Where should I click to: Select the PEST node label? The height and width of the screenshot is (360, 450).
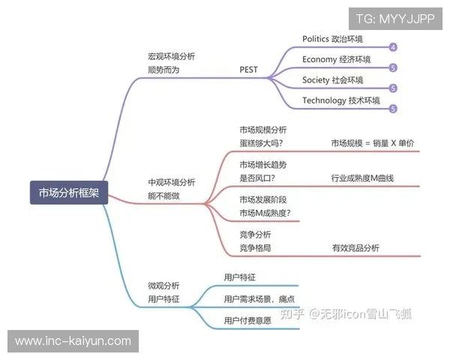248,70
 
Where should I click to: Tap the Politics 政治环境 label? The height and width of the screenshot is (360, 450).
332,38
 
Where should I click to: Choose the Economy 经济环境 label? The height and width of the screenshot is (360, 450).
336,58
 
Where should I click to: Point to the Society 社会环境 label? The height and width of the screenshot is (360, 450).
332,79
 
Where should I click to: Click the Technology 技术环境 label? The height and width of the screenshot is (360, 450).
340,100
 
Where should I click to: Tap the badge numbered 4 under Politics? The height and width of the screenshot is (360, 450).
393,47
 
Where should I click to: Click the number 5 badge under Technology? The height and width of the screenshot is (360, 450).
393,109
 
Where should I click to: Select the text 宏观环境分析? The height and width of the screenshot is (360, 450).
172,56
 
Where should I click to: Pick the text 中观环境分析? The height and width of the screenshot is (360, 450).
172,182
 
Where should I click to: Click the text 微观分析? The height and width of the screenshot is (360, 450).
163,286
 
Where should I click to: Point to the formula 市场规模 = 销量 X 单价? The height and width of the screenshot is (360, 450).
373,142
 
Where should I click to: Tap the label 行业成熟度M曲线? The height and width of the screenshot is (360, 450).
362,178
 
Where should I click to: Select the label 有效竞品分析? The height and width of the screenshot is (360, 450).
355,247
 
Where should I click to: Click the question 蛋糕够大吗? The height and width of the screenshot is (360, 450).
261,142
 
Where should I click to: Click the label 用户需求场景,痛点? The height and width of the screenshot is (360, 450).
259,298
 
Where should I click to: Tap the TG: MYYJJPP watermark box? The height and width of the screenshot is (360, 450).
395,19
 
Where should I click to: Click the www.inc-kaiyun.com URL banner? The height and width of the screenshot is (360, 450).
73,341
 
